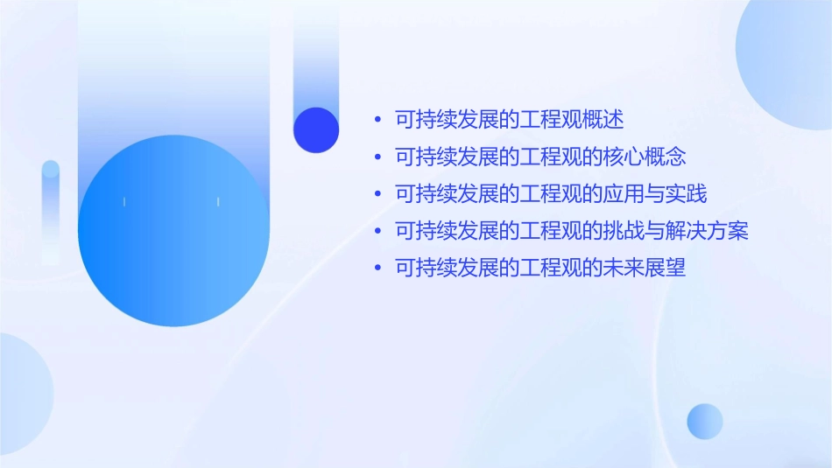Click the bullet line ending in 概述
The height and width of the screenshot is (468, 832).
coord(510,120)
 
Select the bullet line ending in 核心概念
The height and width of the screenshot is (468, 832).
coord(540,157)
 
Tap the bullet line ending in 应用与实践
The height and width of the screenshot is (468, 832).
coord(551,194)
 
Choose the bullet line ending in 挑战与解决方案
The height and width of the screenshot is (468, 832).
coord(572,232)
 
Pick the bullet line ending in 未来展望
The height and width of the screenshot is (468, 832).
coord(540,269)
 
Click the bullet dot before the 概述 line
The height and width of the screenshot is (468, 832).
coord(377,121)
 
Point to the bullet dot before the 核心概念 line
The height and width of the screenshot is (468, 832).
coord(377,158)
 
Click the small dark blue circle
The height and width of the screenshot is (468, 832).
coord(316,129)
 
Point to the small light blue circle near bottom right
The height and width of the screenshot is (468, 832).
coord(705,421)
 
